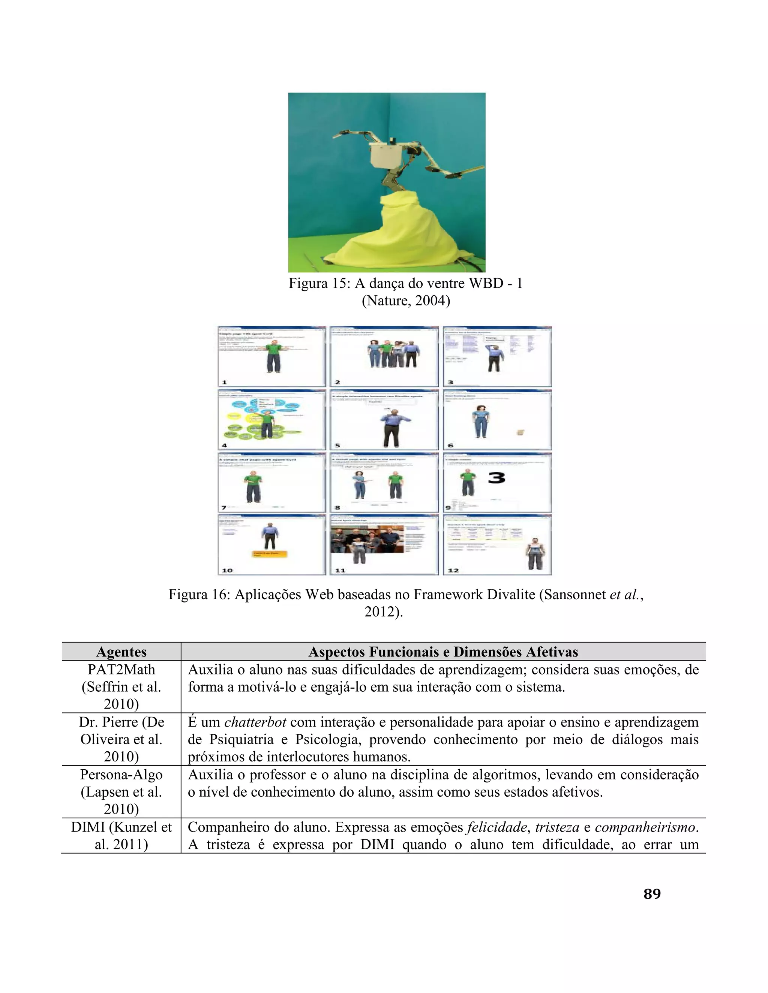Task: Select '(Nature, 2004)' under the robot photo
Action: coord(405,301)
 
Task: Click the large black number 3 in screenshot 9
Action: coord(497,478)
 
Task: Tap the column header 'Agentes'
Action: coord(121,652)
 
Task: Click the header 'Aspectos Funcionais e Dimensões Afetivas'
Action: coord(443,652)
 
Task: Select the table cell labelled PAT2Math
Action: coord(121,670)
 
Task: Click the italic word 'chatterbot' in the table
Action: coord(255,722)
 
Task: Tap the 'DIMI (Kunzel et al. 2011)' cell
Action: coord(121,836)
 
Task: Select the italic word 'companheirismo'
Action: coord(646,827)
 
